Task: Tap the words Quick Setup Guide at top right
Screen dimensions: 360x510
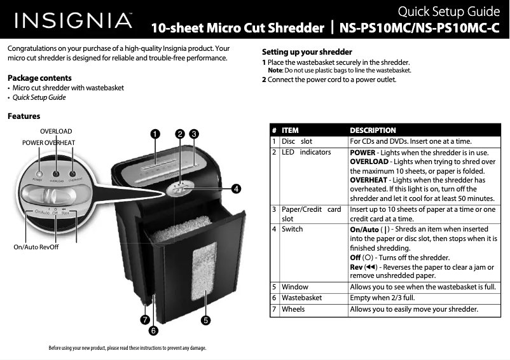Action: (x=448, y=11)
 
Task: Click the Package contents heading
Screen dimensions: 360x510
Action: (x=39, y=78)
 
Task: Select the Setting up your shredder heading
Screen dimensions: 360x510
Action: (x=307, y=52)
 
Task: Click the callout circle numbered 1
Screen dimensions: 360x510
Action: (x=154, y=134)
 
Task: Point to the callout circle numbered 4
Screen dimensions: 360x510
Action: (x=235, y=188)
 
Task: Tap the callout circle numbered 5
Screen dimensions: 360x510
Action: (x=206, y=320)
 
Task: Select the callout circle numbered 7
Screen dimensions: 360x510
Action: (x=145, y=320)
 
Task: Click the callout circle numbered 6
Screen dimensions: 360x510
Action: (x=153, y=331)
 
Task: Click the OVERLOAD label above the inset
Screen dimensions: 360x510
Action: (x=56, y=131)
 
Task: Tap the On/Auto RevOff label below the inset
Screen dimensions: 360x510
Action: (x=36, y=247)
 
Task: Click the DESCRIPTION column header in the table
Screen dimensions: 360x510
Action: (x=373, y=130)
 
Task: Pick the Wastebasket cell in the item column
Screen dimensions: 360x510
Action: (x=302, y=298)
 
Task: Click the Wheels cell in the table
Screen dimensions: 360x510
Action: (x=293, y=310)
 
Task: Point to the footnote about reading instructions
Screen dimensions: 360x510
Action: (x=127, y=348)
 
